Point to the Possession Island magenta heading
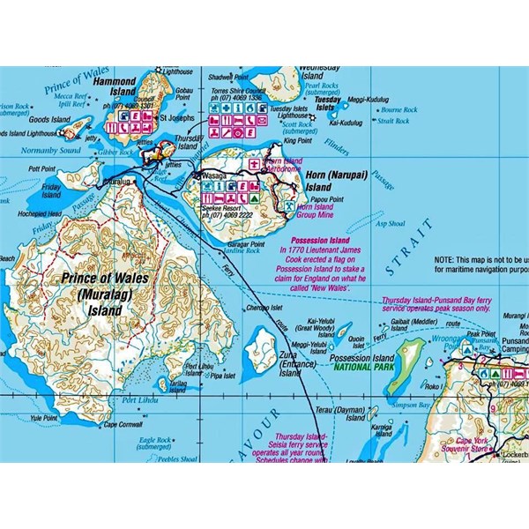click(317, 240)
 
